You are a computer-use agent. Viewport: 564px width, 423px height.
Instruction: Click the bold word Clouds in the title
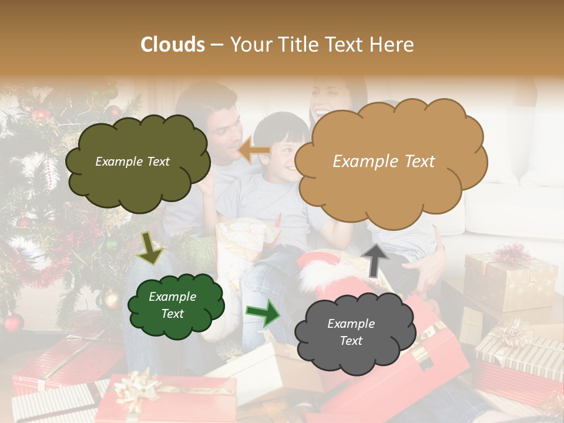tap(172, 45)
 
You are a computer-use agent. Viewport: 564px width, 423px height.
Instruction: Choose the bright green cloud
tap(176, 306)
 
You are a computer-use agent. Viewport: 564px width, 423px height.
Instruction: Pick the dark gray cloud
tap(349, 333)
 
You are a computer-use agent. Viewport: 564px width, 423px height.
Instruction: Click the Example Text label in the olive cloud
tap(132, 162)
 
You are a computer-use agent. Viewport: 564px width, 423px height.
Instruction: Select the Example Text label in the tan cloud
tap(384, 162)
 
